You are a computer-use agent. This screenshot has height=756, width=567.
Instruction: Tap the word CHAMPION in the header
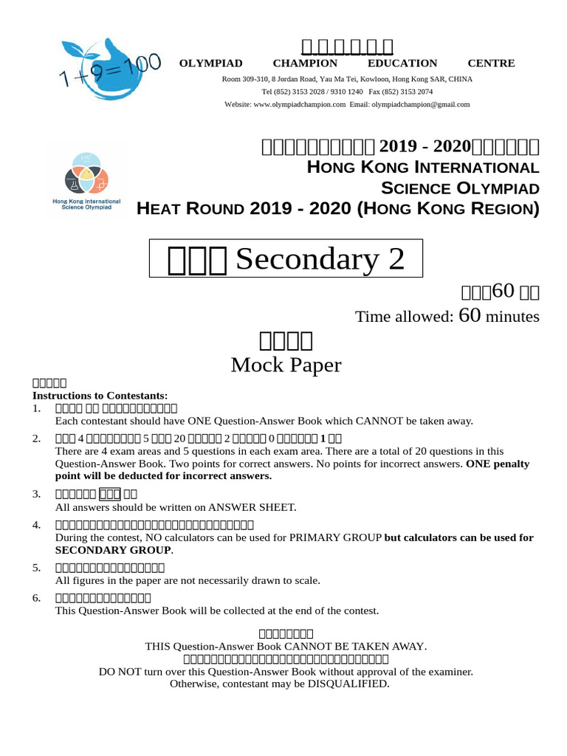tap(305, 63)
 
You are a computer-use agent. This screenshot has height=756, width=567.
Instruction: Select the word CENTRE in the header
tap(491, 63)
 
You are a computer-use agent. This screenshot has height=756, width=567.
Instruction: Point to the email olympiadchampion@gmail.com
tap(420, 105)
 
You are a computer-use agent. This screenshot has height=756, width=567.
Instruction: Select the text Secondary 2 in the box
tap(320, 259)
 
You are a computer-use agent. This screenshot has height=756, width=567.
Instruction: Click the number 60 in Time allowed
tap(470, 316)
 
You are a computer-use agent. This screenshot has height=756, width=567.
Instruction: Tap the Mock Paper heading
tap(286, 365)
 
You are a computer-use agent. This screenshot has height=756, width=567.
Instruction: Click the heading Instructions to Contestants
tap(100, 396)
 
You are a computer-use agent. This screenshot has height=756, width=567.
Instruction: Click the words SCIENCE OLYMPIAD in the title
tap(460, 188)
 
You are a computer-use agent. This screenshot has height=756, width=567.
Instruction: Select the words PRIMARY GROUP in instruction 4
tap(339, 537)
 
